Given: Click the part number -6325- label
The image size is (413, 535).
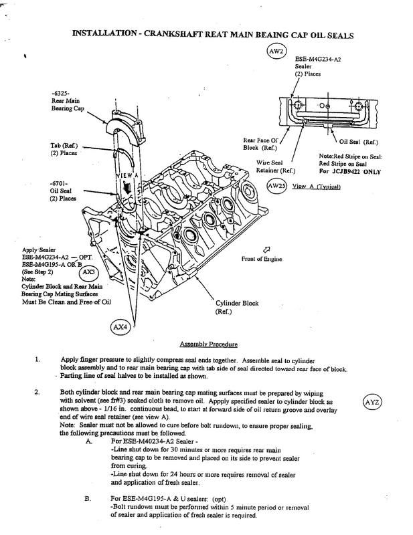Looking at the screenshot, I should [x=62, y=92].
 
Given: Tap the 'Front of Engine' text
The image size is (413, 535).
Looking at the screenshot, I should [x=262, y=258].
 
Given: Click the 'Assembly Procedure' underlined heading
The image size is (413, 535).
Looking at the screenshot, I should [x=208, y=345].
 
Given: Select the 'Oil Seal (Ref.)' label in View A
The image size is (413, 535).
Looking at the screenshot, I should [x=359, y=142].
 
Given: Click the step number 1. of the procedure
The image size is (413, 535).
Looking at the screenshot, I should [x=38, y=359].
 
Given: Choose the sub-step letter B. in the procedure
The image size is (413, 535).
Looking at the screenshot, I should [x=88, y=499].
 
